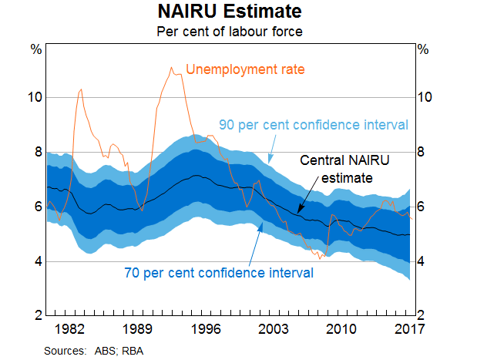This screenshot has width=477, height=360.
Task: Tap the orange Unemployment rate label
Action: coord(246,69)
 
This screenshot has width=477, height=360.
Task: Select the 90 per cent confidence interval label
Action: coord(313,125)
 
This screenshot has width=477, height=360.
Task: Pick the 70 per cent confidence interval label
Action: coord(218,272)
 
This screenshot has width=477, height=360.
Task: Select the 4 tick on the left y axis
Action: coord(37,261)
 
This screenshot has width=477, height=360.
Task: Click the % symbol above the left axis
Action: coord(35,49)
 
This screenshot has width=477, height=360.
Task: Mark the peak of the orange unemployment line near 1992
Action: coord(171,67)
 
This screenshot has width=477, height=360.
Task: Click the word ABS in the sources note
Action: coord(102,350)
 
